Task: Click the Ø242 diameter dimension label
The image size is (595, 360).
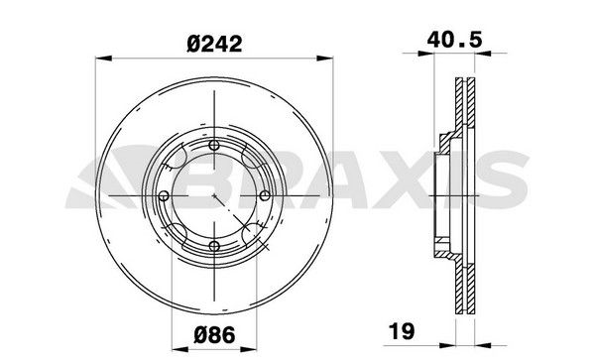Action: (216, 43)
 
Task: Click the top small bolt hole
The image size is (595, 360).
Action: (214, 146)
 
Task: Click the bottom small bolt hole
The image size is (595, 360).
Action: (214, 244)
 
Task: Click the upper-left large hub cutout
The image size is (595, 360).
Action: (179, 160)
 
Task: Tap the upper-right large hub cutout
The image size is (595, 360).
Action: (249, 160)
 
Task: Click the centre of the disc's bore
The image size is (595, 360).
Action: (214, 194)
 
